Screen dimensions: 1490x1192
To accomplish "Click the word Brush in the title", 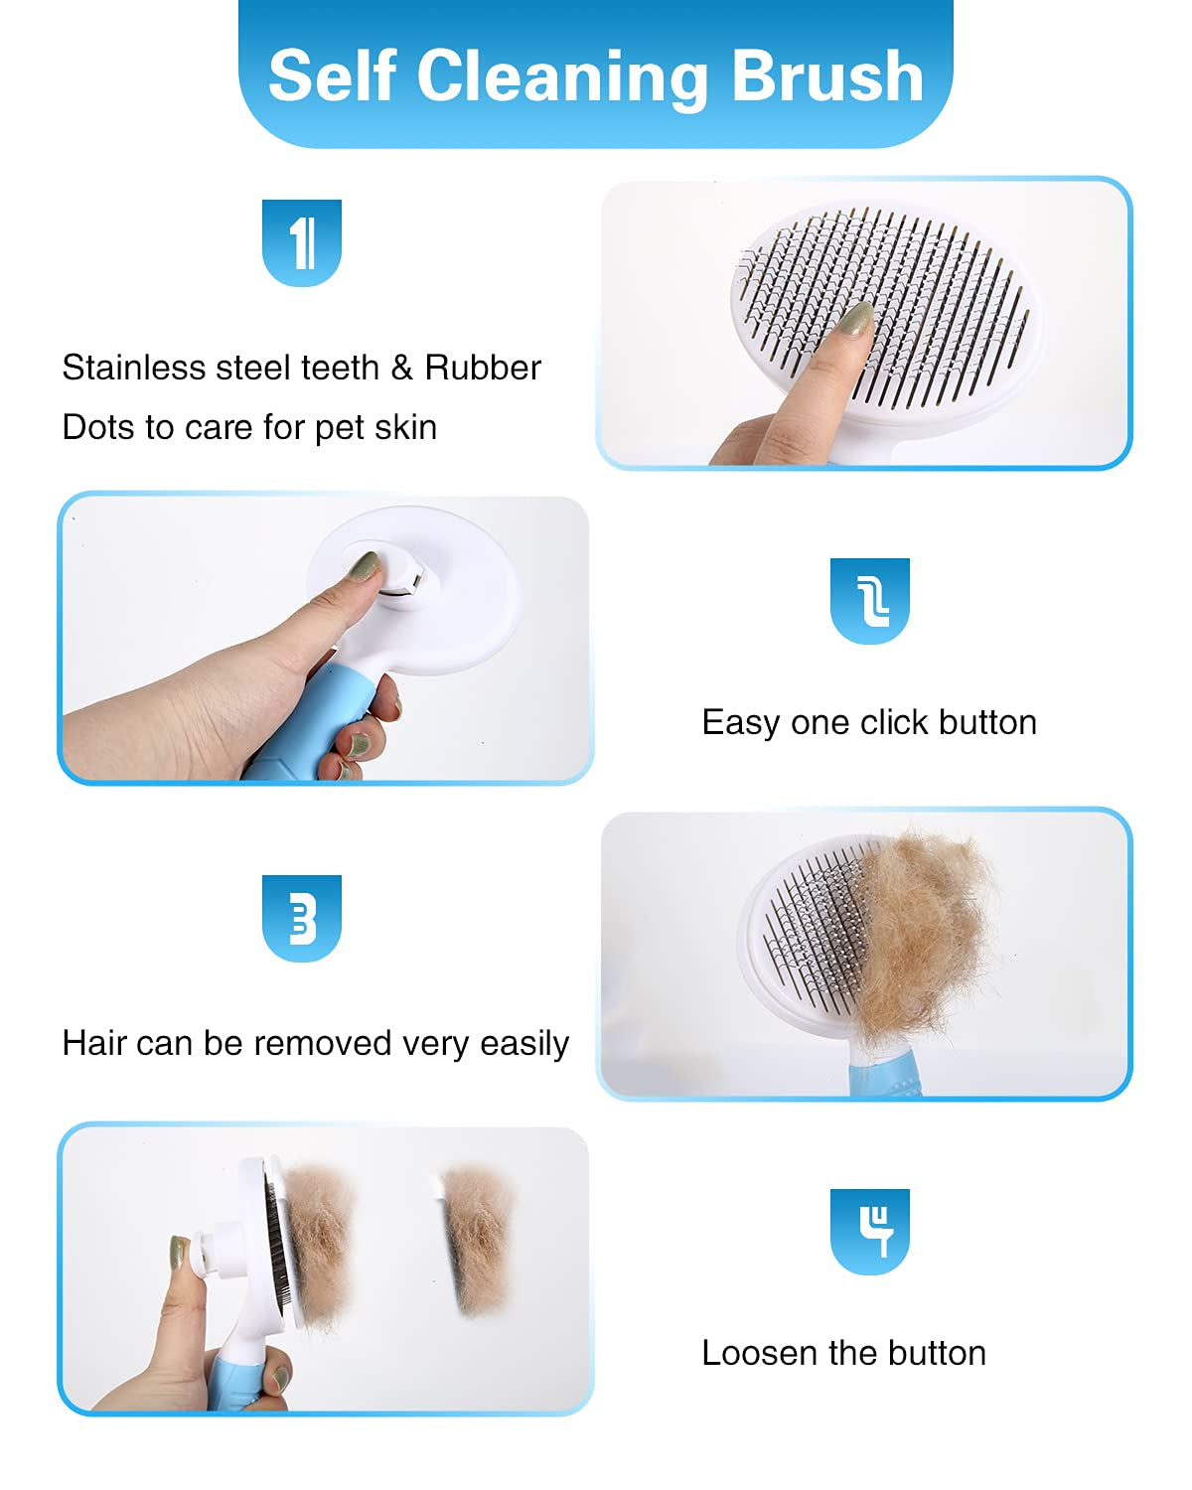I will pyautogui.click(x=827, y=76).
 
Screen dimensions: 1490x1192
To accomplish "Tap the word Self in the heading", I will pyautogui.click(x=333, y=76).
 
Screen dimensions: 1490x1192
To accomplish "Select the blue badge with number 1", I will pyautogui.click(x=302, y=242).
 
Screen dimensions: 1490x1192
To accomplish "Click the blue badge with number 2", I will pyautogui.click(x=870, y=600).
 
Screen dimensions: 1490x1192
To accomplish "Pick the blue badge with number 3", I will pyautogui.click(x=302, y=918).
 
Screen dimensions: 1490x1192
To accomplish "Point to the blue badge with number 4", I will pyautogui.click(x=870, y=1231).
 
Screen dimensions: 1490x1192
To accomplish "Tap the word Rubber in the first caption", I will pyautogui.click(x=483, y=368).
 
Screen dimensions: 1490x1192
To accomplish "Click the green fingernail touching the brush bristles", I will pyautogui.click(x=855, y=319).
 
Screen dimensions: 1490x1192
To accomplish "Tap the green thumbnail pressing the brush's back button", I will pyautogui.click(x=364, y=567).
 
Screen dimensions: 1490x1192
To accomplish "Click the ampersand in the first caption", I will pyautogui.click(x=401, y=368).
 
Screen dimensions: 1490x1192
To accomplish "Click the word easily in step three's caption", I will pyautogui.click(x=524, y=1045).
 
